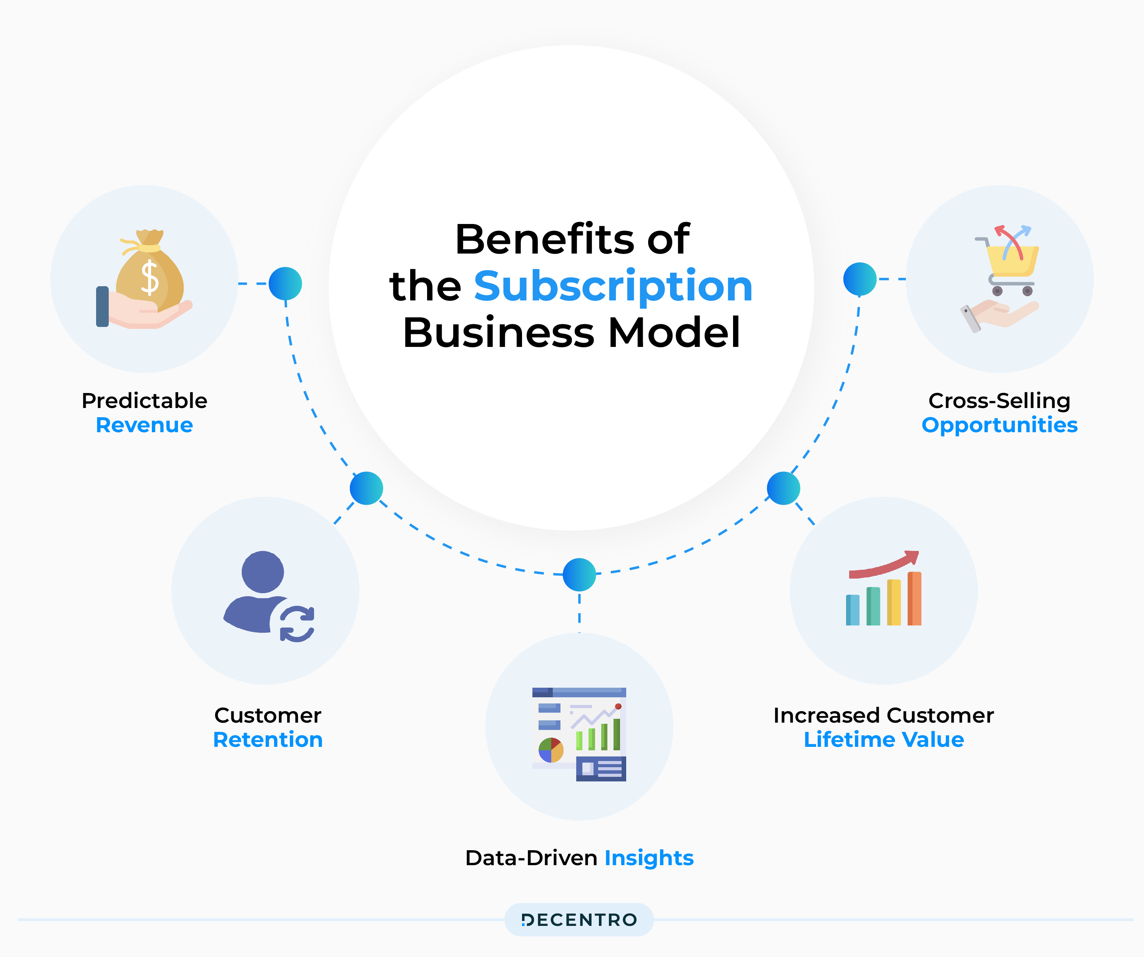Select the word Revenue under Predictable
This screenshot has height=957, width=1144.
145,425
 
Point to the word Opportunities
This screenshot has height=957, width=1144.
999,425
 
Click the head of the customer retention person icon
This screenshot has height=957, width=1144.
263,572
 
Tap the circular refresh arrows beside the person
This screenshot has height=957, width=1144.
297,624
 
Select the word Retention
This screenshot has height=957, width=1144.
268,740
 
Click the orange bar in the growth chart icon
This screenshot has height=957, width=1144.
915,599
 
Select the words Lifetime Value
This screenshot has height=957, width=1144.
884,740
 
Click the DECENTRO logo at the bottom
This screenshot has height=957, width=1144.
579,920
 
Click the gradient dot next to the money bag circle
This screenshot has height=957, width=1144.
286,284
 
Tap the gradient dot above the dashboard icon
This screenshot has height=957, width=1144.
579,574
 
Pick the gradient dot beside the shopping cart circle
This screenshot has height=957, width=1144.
860,279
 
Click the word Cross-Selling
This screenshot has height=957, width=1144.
999,401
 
